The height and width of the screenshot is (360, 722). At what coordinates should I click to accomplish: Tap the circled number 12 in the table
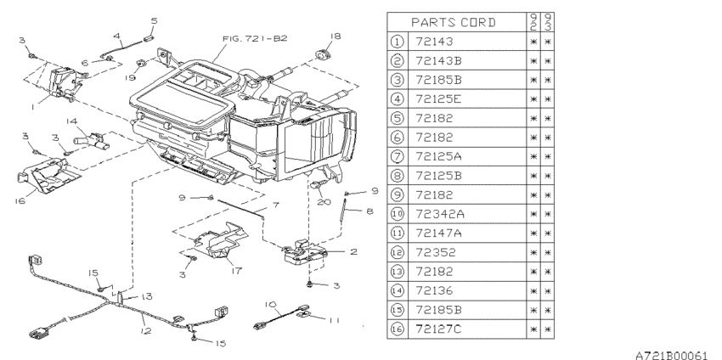[x=398, y=251]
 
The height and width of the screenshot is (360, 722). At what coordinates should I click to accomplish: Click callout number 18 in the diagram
[x=335, y=37]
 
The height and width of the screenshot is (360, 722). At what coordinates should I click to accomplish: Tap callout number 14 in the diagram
[x=74, y=121]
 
